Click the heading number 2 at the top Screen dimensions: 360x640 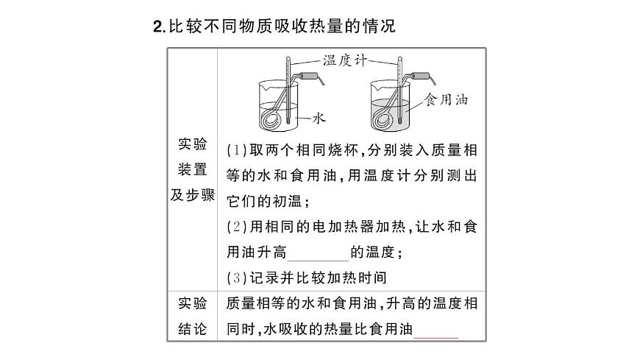[x=158, y=27]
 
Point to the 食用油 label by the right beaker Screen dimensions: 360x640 [x=446, y=99]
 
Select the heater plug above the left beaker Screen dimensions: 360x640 [x=310, y=76]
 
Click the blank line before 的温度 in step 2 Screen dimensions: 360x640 [x=318, y=253]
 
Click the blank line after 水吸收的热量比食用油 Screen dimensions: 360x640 [x=436, y=329]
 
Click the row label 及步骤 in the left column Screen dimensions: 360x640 [x=193, y=195]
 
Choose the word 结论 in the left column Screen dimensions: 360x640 [x=193, y=329]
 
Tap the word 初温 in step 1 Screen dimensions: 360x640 [x=282, y=201]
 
